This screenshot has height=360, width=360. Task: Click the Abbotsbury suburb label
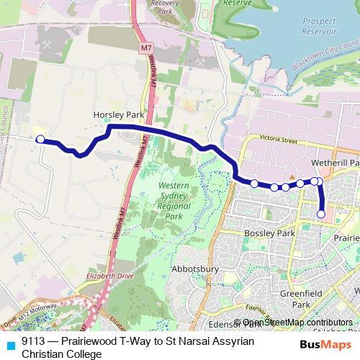[x=194, y=268]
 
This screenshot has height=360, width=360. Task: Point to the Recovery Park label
[x=163, y=6]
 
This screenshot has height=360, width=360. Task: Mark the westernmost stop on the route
[x=40, y=139]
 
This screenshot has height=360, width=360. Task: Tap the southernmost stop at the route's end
[x=321, y=214]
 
